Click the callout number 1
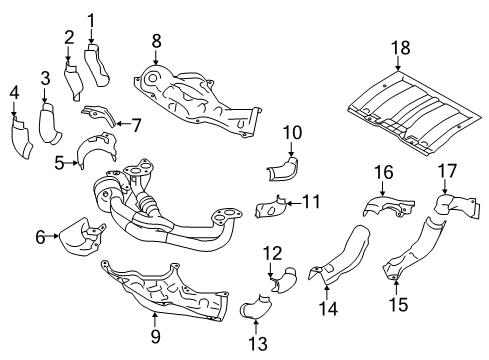[x=91, y=18]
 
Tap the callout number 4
[x=14, y=93]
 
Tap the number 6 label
[x=41, y=237]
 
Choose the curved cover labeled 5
[x=96, y=150]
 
